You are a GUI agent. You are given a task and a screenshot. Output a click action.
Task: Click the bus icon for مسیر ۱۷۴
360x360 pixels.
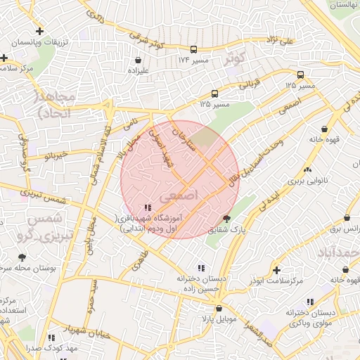click(x=193, y=49)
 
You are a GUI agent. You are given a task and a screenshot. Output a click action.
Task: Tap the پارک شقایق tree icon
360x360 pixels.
click(x=226, y=219)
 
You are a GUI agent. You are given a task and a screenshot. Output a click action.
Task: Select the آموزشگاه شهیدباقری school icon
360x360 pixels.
click(x=147, y=207)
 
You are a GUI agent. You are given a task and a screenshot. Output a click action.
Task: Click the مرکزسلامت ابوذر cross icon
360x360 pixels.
click(x=276, y=270)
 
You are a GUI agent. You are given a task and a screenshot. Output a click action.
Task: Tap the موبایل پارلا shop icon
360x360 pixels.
click(x=218, y=308)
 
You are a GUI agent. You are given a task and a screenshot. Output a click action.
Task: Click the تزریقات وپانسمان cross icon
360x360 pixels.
click(x=40, y=32)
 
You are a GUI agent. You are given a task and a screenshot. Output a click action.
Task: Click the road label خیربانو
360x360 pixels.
click(x=53, y=154)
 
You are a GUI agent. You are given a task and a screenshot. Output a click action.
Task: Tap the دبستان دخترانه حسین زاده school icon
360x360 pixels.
click(x=201, y=267)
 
